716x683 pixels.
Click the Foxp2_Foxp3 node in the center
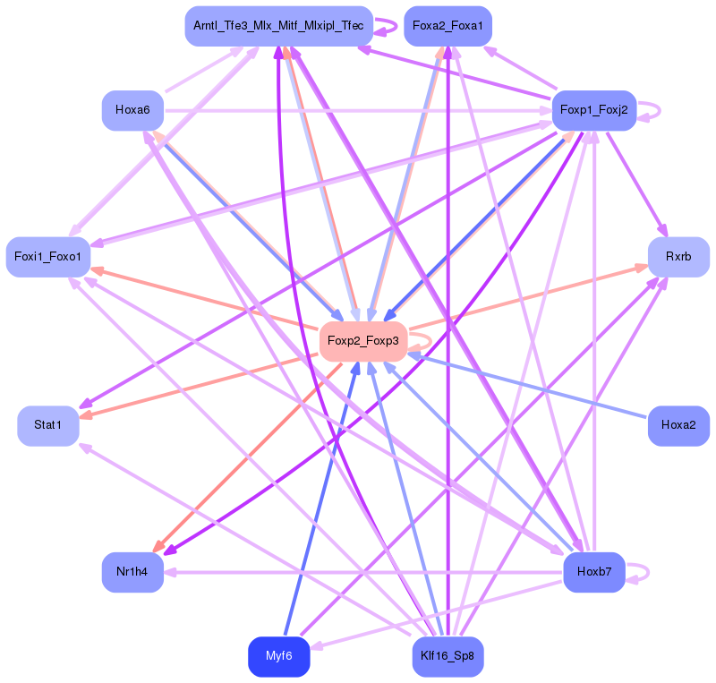coord(362,341)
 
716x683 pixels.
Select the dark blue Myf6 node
coord(278,656)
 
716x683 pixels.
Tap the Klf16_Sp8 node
coord(447,657)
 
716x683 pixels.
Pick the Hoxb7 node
coord(593,572)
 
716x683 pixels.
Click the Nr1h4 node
coord(132,572)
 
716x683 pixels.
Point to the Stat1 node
coord(48,425)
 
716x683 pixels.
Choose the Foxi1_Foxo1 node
coord(48,257)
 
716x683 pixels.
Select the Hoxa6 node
coord(132,110)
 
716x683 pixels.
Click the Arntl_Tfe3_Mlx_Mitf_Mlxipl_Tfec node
coord(278,26)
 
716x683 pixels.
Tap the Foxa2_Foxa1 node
coord(447,26)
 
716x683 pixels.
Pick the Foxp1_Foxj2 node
coord(593,110)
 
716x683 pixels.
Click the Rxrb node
coord(678,257)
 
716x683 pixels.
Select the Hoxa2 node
coord(678,425)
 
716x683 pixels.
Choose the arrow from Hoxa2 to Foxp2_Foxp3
coord(528,386)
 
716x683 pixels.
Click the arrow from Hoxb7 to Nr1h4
coord(358,572)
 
